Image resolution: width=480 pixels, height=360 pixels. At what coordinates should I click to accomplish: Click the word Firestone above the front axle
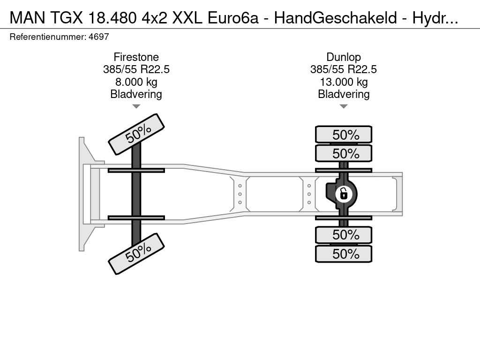[136, 57]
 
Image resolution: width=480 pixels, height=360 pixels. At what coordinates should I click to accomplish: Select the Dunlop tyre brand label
[344, 57]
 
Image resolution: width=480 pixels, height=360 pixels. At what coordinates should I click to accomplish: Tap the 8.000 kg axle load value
[136, 82]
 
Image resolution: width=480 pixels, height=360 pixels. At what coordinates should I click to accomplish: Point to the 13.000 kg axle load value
[344, 82]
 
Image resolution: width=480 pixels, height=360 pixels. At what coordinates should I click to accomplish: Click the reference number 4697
[98, 37]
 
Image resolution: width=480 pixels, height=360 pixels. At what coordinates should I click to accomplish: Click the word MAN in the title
[28, 18]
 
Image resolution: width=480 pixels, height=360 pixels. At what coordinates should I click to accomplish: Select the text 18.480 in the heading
[112, 18]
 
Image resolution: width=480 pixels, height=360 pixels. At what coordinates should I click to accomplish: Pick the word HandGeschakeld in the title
[336, 18]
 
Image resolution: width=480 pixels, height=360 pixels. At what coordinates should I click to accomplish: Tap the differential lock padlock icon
[344, 194]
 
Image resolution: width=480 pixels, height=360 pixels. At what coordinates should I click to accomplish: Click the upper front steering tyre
[136, 134]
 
